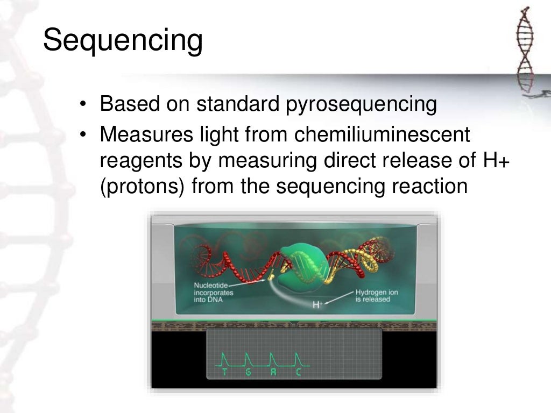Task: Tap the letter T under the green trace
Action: point(225,372)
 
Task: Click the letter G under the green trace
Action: point(248,372)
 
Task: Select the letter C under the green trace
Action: point(298,372)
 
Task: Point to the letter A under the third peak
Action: point(273,372)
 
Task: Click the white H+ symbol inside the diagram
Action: point(318,305)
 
